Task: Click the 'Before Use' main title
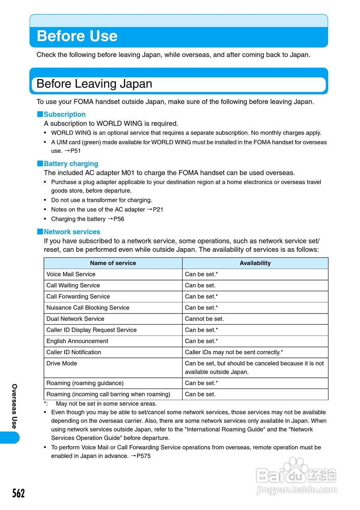tap(77, 36)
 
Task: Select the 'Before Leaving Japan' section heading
tap(94, 84)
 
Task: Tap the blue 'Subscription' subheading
tap(65, 114)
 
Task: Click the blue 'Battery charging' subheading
tap(71, 164)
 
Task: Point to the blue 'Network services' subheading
tap(72, 232)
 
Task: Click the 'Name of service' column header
tap(113, 263)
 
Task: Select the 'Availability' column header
tap(255, 263)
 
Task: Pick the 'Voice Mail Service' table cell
tap(71, 274)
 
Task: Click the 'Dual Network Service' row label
tap(75, 319)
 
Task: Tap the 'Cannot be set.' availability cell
tap(205, 319)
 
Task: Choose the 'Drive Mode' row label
tap(62, 363)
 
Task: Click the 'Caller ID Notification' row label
tap(74, 352)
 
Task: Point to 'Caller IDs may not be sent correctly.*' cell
tap(234, 352)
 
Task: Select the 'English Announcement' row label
tap(77, 341)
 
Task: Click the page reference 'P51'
tap(75, 151)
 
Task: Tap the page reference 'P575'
tap(144, 456)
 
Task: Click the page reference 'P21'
tap(158, 210)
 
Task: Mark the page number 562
tap(18, 494)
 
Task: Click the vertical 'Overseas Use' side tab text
tap(14, 406)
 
